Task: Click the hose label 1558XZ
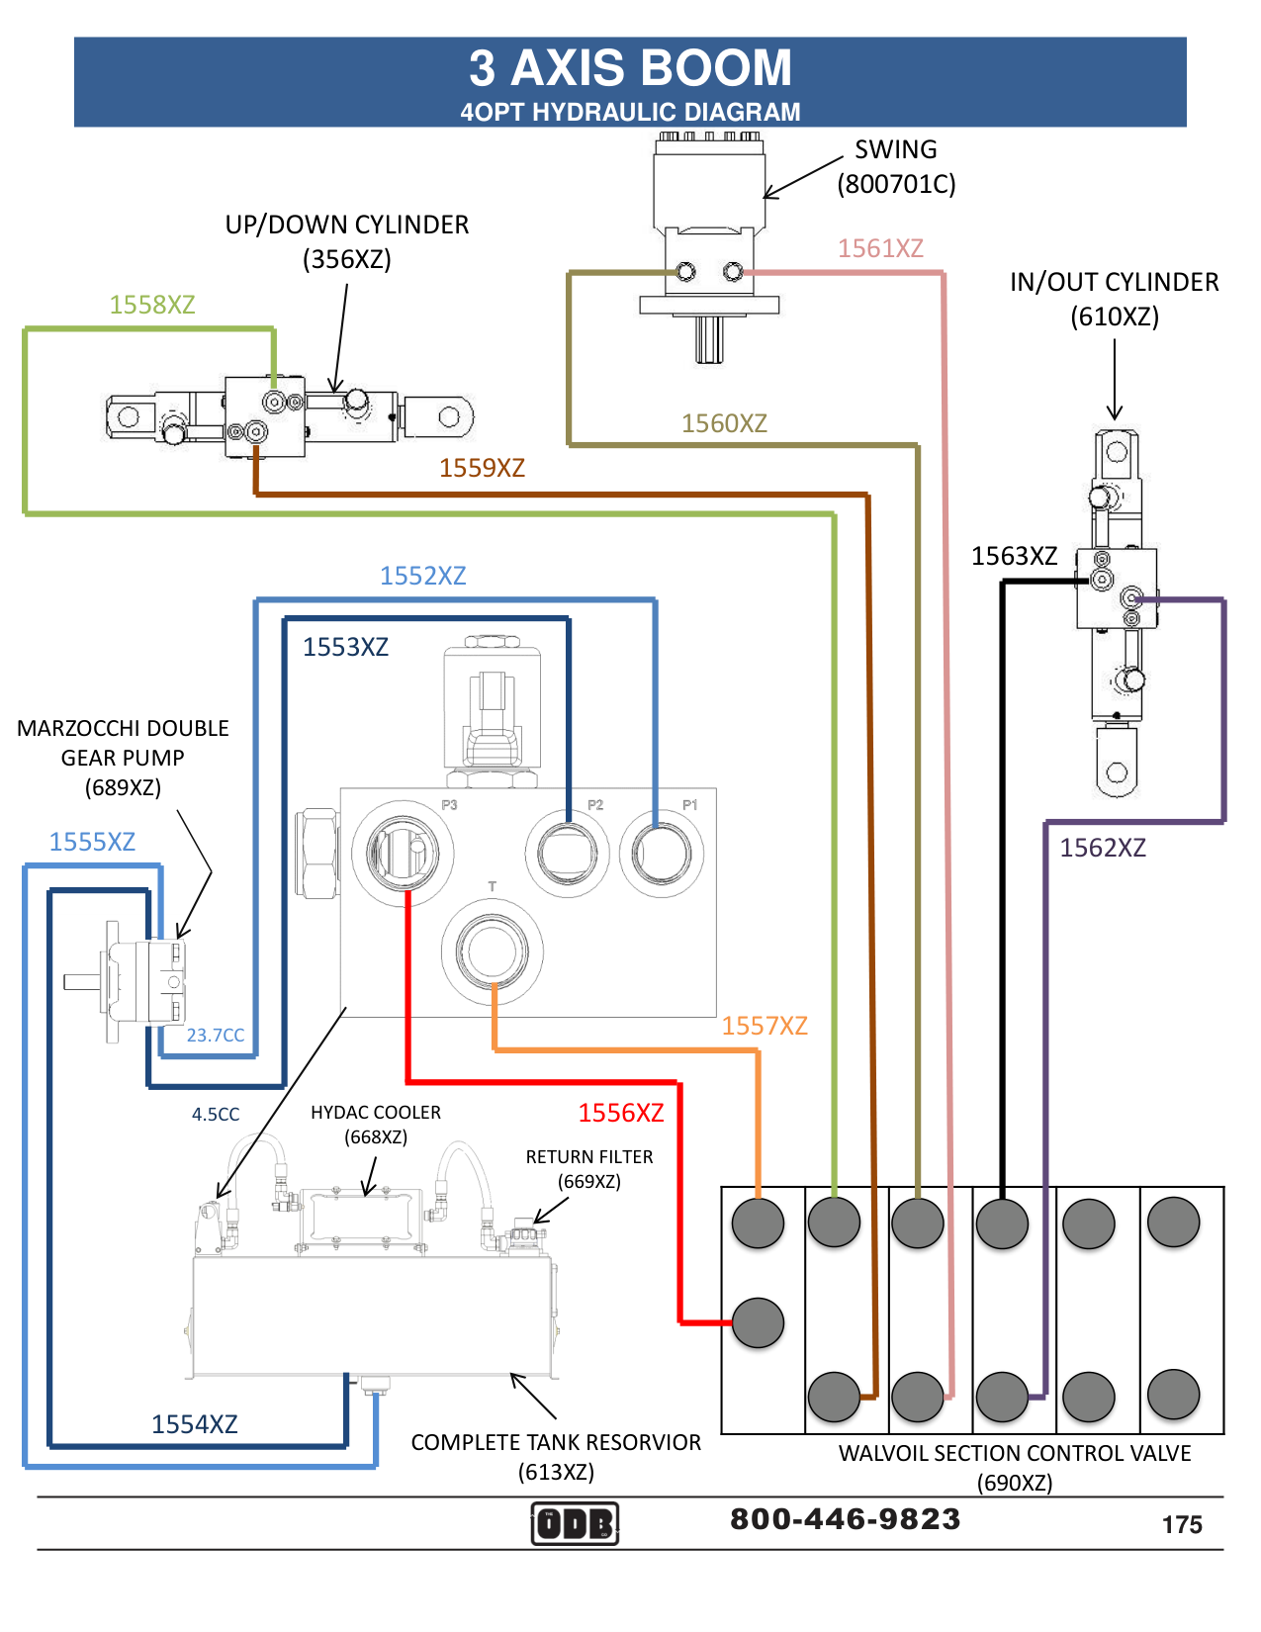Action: (152, 305)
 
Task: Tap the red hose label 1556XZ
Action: (621, 1113)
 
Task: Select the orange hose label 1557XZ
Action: (765, 1026)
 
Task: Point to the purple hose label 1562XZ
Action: (1103, 848)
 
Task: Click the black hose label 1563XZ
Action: (1014, 556)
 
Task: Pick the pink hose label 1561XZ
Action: (880, 248)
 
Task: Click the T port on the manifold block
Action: (492, 952)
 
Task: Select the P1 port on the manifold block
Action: (662, 853)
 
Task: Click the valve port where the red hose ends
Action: (759, 1322)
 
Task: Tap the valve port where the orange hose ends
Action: (759, 1224)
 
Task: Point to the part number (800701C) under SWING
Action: (896, 184)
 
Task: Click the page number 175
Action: (1182, 1524)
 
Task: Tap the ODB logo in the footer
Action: (575, 1523)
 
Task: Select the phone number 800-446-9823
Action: (845, 1519)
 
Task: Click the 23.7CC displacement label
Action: (216, 1036)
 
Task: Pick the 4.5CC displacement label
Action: (216, 1115)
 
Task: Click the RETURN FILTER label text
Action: (589, 1157)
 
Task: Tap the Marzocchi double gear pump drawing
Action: (143, 981)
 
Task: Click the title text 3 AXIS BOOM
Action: (630, 69)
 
